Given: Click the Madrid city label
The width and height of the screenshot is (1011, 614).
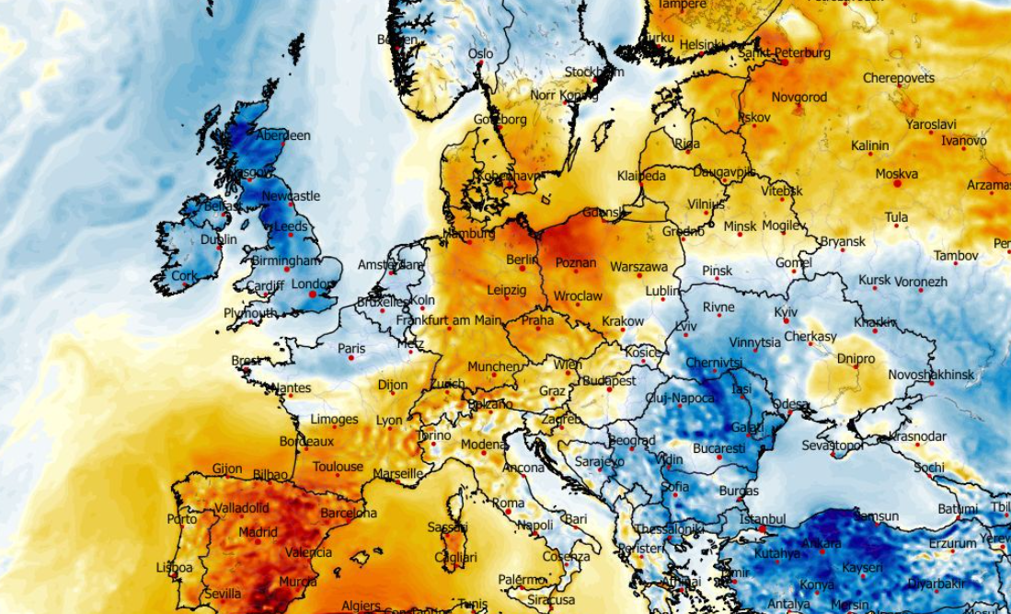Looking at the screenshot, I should coord(258,532).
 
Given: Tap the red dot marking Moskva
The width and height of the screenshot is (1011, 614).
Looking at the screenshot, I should coord(898,183).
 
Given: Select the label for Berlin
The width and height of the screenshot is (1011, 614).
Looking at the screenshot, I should coord(522,260).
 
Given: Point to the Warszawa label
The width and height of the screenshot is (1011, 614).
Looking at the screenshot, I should coord(638,267).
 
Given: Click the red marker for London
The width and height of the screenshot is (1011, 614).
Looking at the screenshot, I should coord(313,295).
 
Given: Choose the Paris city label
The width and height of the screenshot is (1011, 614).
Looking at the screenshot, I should coord(351,349).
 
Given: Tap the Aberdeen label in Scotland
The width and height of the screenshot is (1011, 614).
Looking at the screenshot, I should coord(283,135).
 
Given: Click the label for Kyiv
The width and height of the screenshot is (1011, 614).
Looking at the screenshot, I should coord(786,312).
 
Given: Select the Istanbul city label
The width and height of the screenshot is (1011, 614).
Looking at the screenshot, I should coord(762,519).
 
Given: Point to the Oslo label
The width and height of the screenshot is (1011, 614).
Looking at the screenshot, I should coord(481,54).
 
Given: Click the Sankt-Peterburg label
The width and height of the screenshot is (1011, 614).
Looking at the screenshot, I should coord(785,53).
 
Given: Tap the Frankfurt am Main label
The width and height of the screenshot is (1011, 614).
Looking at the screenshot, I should coord(448,320).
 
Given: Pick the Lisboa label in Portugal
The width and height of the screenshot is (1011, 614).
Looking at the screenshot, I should coord(175,568).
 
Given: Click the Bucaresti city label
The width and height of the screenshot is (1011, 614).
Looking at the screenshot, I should coord(718,448).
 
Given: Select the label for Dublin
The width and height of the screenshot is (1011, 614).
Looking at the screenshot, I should coord(218,239).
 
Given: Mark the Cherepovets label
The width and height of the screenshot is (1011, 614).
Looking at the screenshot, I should coord(898,78).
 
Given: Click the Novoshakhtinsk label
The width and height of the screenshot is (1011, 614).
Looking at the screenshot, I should coord(931,375).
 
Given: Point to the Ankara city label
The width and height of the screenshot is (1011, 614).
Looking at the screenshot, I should coord(821,544).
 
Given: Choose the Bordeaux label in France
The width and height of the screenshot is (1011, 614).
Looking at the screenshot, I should coord(306,442).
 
